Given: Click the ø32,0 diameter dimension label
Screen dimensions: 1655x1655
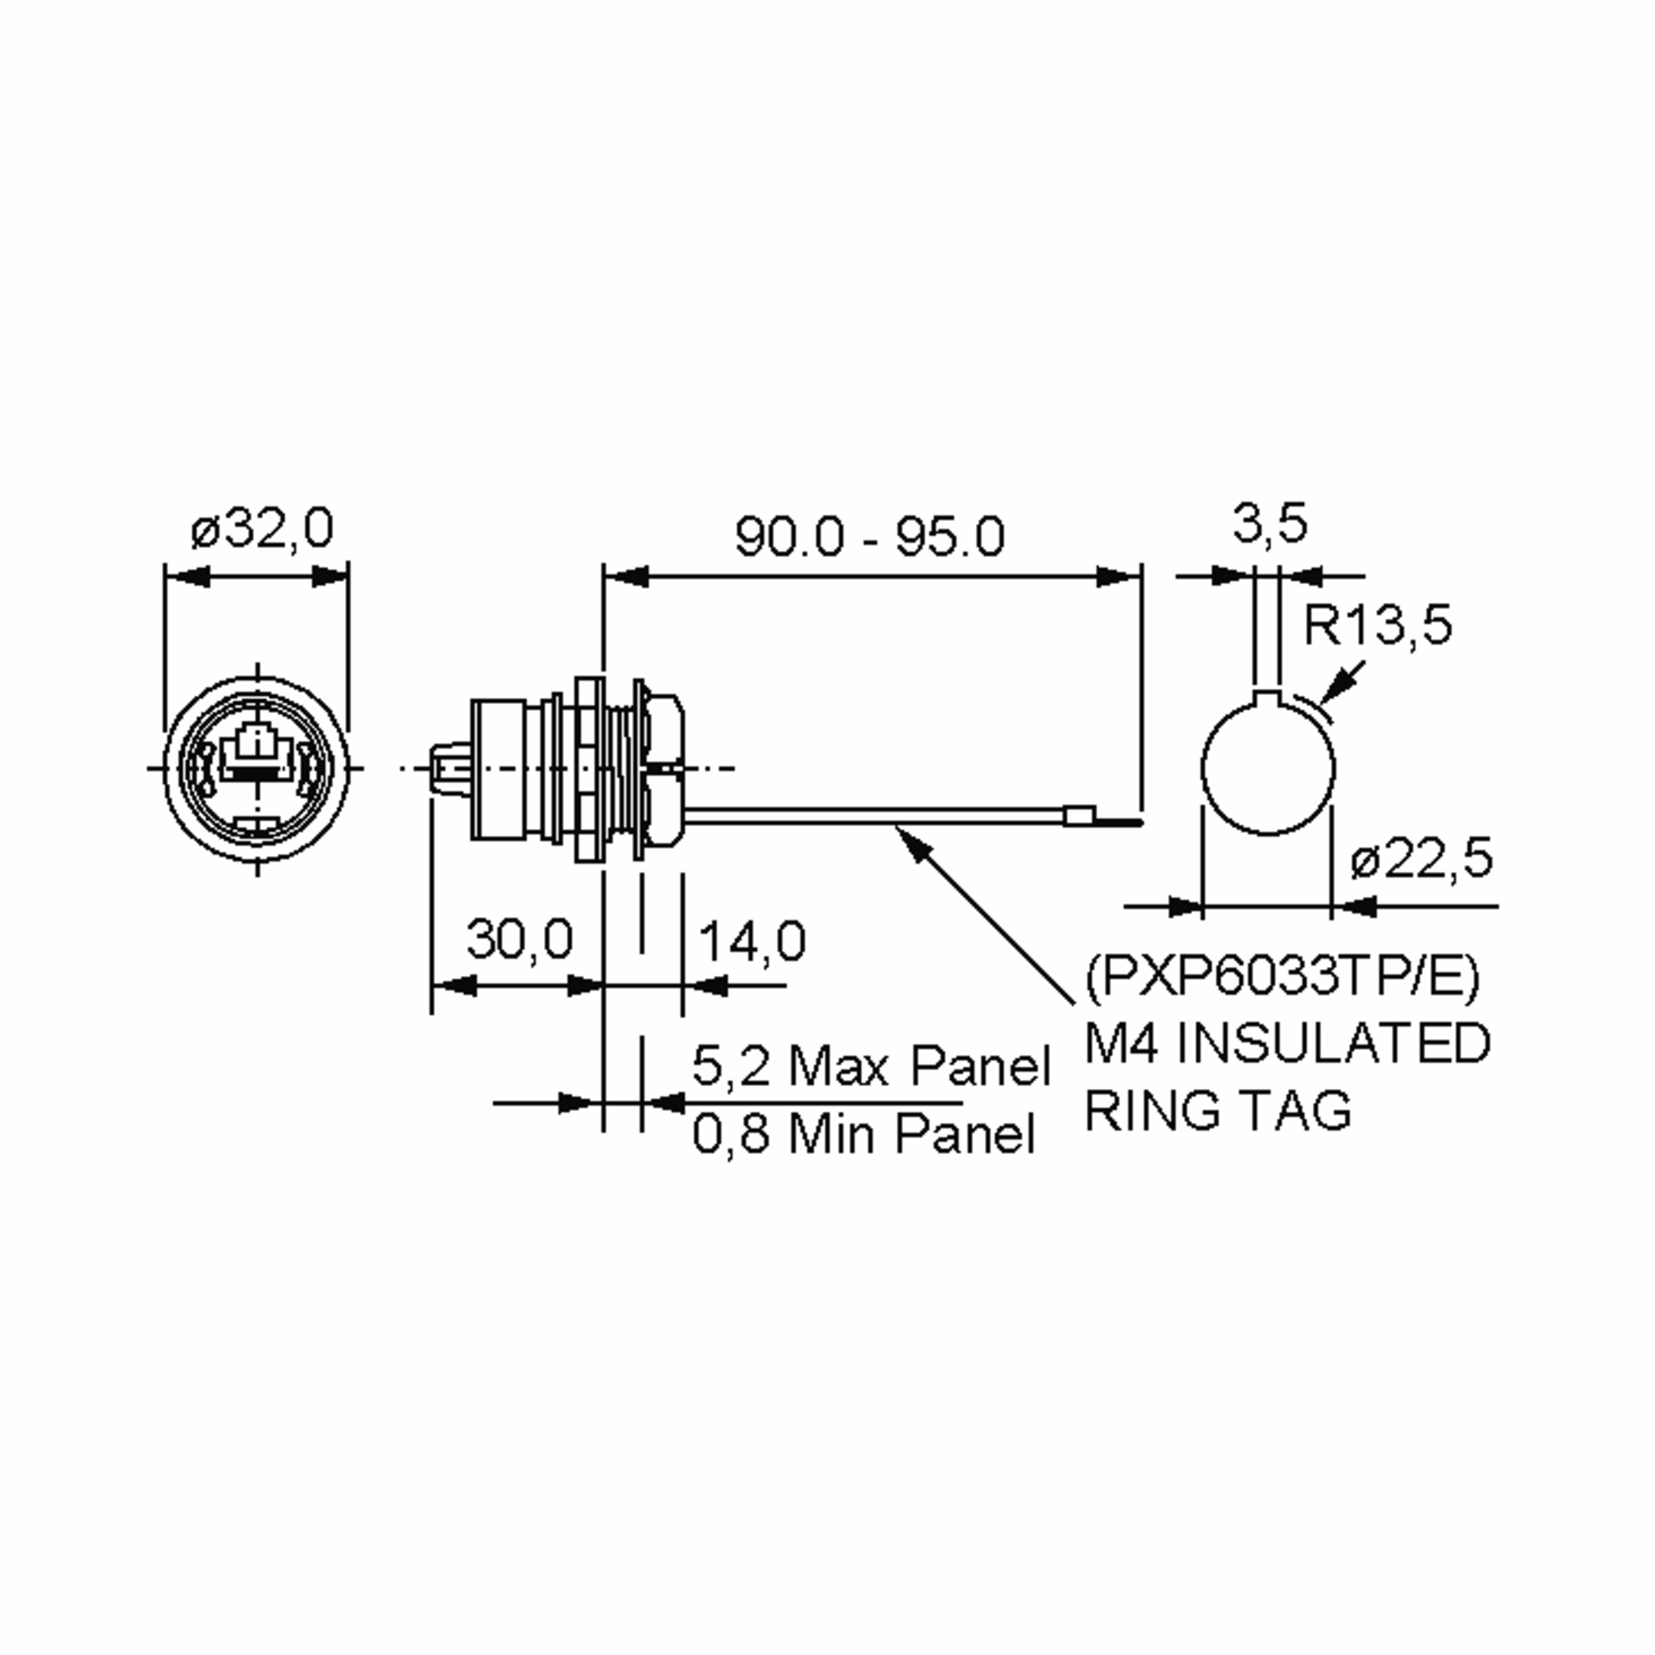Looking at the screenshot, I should coord(261,530).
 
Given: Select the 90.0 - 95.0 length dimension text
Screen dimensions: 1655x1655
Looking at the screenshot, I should coord(869,537).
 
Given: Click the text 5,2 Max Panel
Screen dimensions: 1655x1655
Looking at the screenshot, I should coord(870,1067).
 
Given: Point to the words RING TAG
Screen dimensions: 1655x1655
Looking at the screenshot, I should coord(1218,1110).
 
